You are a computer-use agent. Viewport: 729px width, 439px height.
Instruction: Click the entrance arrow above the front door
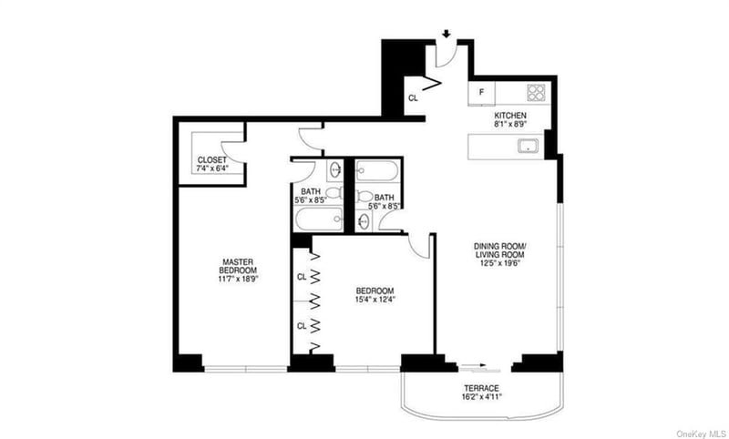[447, 34]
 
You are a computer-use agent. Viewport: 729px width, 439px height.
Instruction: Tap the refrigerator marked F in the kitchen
[482, 93]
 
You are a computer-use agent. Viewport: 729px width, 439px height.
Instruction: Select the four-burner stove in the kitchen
[536, 93]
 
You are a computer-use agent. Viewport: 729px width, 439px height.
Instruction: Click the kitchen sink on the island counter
[529, 146]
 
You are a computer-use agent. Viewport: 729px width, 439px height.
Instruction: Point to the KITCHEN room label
[510, 115]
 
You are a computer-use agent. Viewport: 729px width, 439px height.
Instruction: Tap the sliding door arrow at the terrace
[473, 364]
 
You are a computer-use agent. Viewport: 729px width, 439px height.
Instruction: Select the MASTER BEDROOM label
[238, 266]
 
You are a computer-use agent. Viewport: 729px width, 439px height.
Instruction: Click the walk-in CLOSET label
[212, 159]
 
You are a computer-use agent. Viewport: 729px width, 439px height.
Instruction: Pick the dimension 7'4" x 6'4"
[212, 168]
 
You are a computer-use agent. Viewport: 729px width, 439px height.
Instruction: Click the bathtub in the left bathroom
[319, 219]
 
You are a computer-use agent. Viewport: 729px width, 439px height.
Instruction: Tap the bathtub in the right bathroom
[377, 171]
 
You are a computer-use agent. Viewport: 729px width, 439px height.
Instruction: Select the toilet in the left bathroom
[334, 193]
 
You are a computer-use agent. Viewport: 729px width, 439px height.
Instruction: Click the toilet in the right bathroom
[365, 197]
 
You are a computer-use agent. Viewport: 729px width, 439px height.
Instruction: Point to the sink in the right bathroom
[364, 220]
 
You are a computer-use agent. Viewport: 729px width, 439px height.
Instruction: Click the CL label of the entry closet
[413, 98]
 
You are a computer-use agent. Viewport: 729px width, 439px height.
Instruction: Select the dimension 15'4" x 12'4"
[375, 300]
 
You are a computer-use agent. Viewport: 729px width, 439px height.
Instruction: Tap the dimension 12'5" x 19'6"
[500, 263]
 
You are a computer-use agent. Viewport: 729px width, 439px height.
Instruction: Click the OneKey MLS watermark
[700, 434]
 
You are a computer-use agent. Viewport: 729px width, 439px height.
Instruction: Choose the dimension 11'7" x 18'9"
[237, 280]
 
